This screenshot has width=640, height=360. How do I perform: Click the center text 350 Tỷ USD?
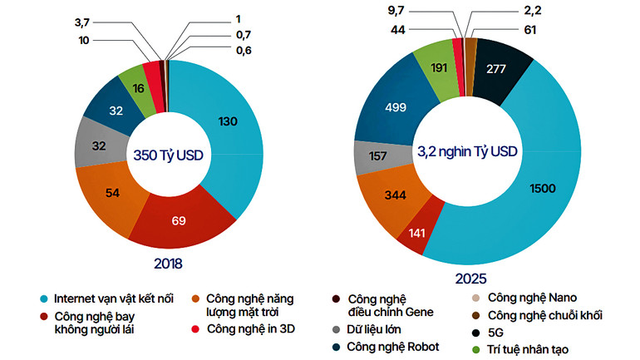point(169,154)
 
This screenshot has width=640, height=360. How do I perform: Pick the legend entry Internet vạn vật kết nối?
point(113,298)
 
